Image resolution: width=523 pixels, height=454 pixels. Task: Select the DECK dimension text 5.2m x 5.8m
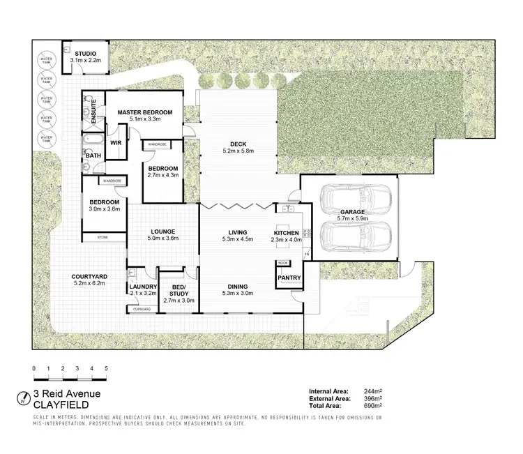(x=238, y=151)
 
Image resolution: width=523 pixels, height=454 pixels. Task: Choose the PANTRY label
(x=289, y=278)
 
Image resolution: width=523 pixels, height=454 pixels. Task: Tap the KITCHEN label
(x=287, y=233)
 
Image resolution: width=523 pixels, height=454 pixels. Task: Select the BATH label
(x=93, y=156)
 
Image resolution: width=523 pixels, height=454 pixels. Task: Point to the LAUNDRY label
(x=142, y=287)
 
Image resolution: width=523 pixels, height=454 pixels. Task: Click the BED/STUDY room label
(x=178, y=289)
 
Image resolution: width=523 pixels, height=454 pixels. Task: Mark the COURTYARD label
(x=89, y=277)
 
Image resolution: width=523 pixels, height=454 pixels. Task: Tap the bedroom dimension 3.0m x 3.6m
(x=104, y=209)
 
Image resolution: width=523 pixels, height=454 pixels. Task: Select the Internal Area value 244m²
(x=372, y=392)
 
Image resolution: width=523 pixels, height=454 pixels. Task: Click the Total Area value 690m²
(x=372, y=405)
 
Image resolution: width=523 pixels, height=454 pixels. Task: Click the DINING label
(x=238, y=285)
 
